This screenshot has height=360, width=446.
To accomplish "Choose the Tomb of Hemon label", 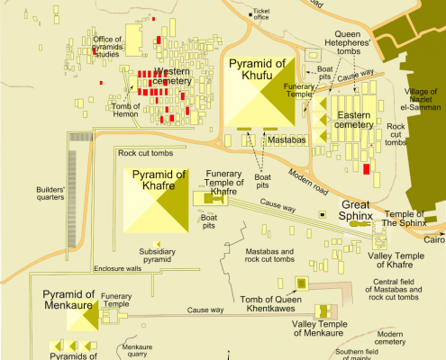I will coord(128,108).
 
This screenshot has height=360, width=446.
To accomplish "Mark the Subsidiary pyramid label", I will coord(155,256).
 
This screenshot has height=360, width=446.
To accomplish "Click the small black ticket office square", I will coord(252,14).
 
